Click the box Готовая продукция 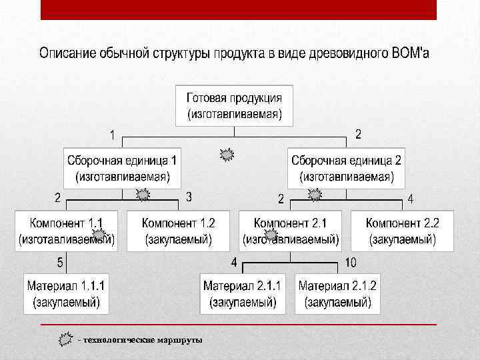tap(239, 105)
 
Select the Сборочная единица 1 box tap(123, 168)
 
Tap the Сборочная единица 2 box tap(346, 168)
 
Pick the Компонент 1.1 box tap(66, 231)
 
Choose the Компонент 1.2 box tap(179, 231)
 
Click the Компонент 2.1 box tap(290, 231)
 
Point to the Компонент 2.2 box tap(403, 231)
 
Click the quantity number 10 tap(351, 263)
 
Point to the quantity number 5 tap(60, 263)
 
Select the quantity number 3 tap(189, 197)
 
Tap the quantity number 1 tap(113, 135)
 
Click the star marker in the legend tap(66, 339)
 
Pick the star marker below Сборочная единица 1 tap(143, 195)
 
